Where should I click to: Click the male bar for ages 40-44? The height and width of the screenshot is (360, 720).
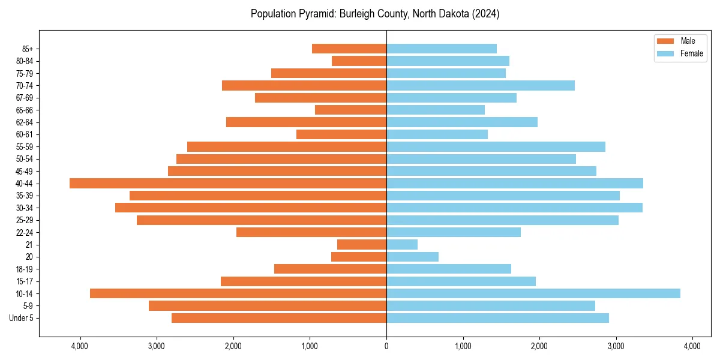pos(228,184)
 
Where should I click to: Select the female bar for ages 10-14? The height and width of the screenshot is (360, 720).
pos(533,293)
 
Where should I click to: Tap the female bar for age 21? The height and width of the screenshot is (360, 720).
pos(402,245)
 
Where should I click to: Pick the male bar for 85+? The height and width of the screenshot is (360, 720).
pos(349,49)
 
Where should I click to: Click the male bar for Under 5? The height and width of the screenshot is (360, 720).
pos(279,318)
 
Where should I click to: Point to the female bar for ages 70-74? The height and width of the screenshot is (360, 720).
pos(481,85)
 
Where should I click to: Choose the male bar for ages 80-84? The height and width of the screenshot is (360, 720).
pos(359,61)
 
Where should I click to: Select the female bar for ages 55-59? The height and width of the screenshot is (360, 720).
pos(496,147)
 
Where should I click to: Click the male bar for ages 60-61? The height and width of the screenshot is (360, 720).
pos(341,134)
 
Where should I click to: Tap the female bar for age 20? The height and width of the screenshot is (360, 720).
pos(412,257)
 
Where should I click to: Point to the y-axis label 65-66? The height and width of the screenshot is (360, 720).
pos(25,110)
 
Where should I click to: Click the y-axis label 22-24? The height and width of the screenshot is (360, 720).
pos(25,233)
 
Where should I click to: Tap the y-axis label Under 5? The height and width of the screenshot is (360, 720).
pos(22,318)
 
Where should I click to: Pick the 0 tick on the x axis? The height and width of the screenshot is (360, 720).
pos(386,346)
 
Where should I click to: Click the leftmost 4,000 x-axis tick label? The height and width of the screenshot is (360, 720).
pos(80,346)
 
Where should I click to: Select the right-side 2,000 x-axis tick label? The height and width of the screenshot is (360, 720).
pos(539,346)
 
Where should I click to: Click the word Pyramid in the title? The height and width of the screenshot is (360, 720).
pos(315,14)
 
